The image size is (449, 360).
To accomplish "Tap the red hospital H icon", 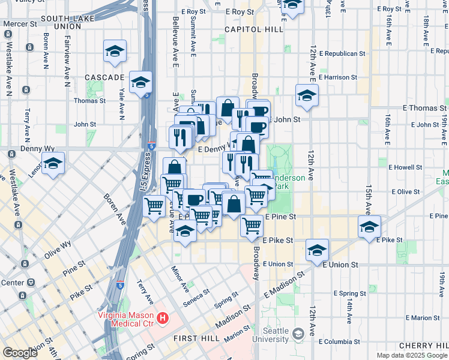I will click(161, 317).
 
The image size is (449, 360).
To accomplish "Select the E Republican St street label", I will click(338, 53).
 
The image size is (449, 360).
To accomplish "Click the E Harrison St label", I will click(337, 77).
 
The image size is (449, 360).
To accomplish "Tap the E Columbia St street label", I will click(340, 341).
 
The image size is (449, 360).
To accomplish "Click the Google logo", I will click(20, 353).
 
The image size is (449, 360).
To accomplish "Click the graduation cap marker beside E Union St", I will click(317, 251).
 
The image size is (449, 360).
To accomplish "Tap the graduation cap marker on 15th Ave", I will click(369, 227).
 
